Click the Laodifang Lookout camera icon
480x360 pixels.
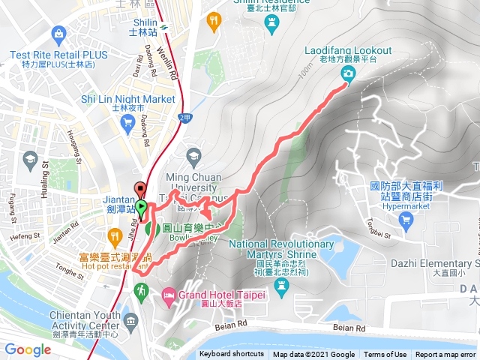(x=349, y=73)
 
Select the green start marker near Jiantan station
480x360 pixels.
(x=141, y=207)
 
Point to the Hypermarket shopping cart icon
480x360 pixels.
(x=406, y=220)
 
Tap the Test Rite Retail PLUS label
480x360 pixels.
(x=59, y=55)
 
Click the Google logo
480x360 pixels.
(x=28, y=349)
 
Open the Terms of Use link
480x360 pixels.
(x=385, y=355)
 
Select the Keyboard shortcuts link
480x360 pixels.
(x=232, y=355)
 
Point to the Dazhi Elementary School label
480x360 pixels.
(x=436, y=263)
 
